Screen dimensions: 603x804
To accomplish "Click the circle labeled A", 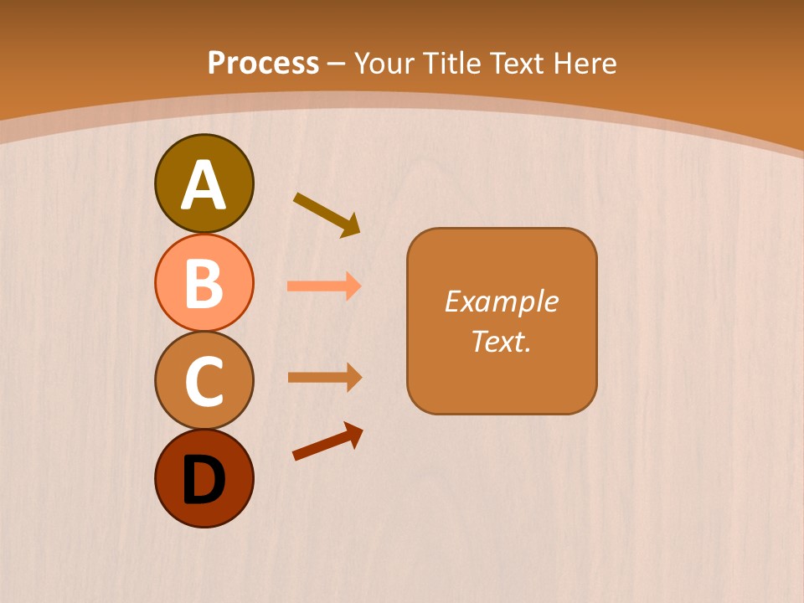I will click(204, 183).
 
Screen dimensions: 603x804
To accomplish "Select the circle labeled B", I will click(204, 282).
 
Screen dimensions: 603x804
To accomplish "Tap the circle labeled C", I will click(204, 380).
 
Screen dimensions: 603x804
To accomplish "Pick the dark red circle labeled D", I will click(204, 478).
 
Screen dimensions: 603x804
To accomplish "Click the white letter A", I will click(204, 185).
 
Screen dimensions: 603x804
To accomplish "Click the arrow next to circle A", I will click(327, 214).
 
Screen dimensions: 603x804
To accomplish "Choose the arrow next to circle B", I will click(324, 286).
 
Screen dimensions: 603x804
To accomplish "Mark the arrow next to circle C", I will click(324, 377).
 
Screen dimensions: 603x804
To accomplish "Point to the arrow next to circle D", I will click(327, 441).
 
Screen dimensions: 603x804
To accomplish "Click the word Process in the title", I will click(263, 64).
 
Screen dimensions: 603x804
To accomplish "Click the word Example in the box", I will click(502, 301).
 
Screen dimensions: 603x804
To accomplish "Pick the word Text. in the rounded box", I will click(502, 341).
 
